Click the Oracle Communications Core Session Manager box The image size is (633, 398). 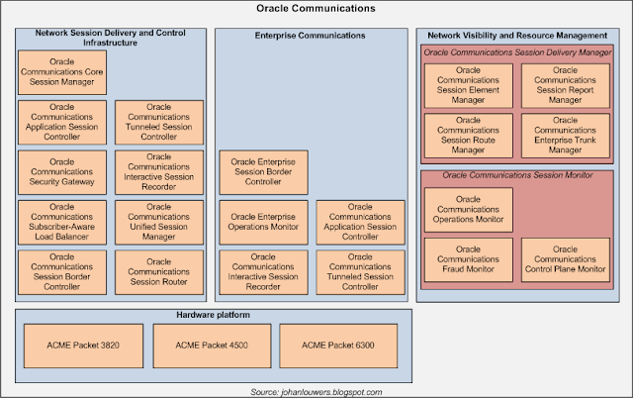(x=63, y=72)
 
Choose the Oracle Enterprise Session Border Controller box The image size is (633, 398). (x=263, y=170)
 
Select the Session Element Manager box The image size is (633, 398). (x=468, y=85)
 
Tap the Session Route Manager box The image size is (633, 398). (x=468, y=135)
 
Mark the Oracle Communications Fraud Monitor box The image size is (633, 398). (x=468, y=259)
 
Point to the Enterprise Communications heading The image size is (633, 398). (x=311, y=36)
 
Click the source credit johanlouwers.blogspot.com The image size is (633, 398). (x=316, y=391)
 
